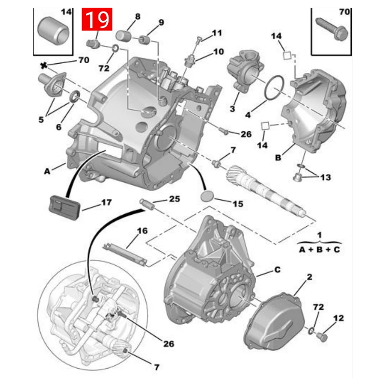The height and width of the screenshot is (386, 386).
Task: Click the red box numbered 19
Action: [98, 20]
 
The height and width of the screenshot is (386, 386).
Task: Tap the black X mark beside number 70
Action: [44, 65]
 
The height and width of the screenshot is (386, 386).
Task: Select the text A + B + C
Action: [318, 250]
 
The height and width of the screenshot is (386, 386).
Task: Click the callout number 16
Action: [142, 231]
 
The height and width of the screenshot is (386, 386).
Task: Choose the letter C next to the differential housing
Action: [277, 270]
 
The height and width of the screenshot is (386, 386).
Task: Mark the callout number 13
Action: [325, 178]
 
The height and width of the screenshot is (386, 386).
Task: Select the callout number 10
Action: [219, 51]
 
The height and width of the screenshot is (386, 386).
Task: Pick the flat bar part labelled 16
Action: [125, 254]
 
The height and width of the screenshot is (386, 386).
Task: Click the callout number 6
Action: [58, 127]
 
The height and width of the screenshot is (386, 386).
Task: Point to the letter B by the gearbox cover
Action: [279, 157]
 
